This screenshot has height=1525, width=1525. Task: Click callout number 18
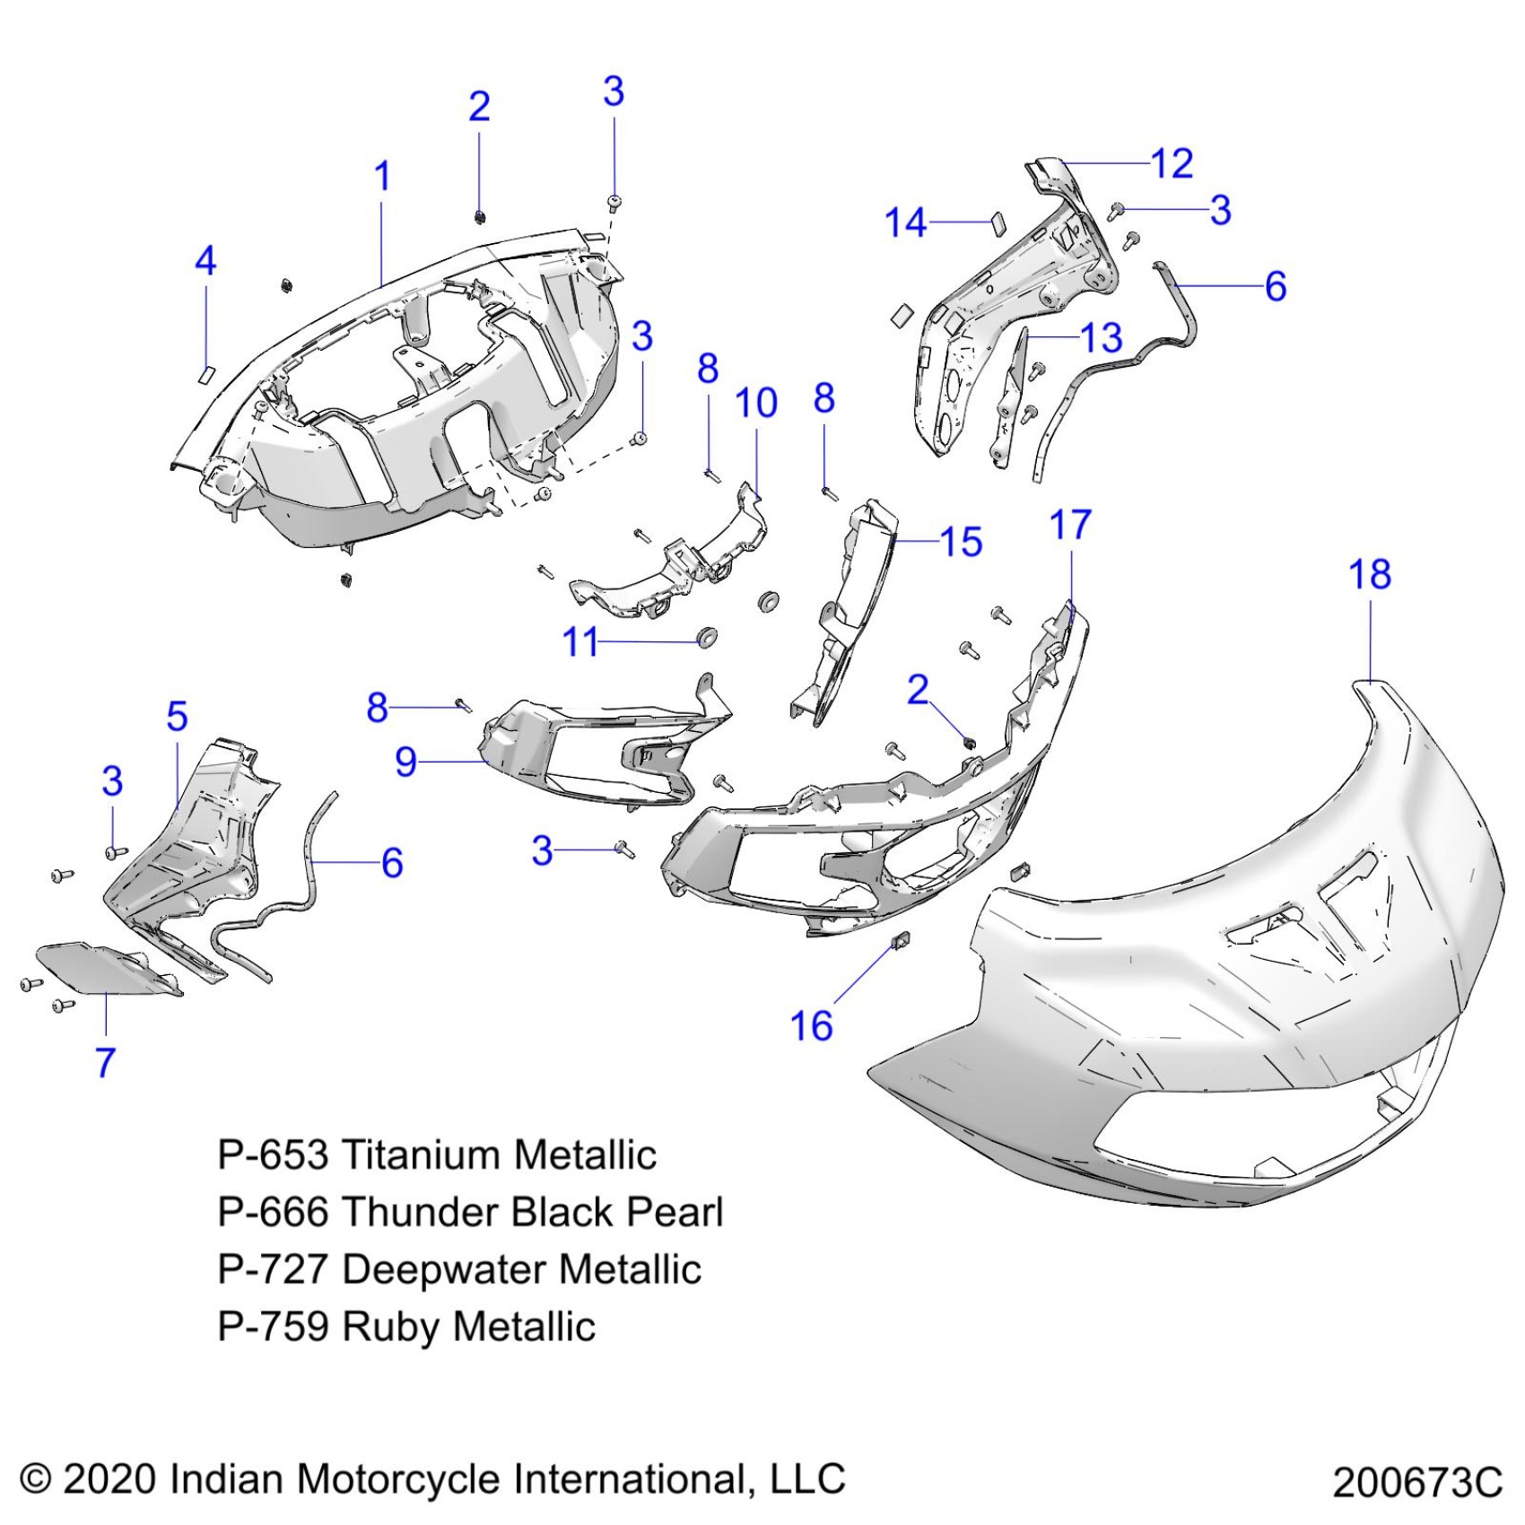click(x=1369, y=575)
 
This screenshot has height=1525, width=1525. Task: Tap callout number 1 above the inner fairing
click(x=382, y=177)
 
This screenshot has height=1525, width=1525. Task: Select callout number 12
click(x=1172, y=164)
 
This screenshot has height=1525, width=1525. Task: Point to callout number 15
click(x=961, y=542)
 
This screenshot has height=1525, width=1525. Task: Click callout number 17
click(x=1069, y=526)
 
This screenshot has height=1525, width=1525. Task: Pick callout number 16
click(x=811, y=1025)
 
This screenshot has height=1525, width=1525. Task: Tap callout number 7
click(x=106, y=1062)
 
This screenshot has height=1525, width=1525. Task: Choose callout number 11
click(x=579, y=642)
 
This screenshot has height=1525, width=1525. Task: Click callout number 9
click(x=405, y=762)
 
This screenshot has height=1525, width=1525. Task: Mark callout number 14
click(x=905, y=222)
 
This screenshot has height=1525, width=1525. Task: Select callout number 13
click(x=1102, y=338)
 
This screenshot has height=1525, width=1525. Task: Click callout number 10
click(x=755, y=404)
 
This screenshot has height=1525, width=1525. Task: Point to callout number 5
click(x=177, y=717)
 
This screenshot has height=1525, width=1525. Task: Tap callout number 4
click(x=205, y=261)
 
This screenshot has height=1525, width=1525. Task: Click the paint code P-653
click(x=273, y=1155)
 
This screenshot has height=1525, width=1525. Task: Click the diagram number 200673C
click(x=1417, y=1482)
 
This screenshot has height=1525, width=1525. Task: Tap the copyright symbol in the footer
click(x=36, y=1478)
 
